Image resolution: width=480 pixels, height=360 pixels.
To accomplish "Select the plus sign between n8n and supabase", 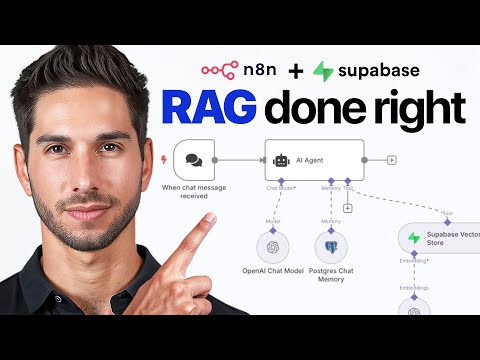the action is tap(295, 72).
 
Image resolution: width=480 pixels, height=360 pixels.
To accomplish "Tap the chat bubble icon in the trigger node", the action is tap(193, 159).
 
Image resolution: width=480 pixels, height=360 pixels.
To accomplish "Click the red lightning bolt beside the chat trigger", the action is tap(164, 159).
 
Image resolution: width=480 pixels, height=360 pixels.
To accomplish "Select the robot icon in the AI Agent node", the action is tap(283, 159).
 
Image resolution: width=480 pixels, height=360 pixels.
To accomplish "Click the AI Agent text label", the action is tap(311, 159).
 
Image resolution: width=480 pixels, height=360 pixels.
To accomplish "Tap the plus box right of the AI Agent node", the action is tap(391, 159).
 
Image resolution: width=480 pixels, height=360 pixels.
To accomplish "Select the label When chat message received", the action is tap(193, 192).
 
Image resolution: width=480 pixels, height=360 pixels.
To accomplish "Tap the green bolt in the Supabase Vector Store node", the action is tap(413, 239).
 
